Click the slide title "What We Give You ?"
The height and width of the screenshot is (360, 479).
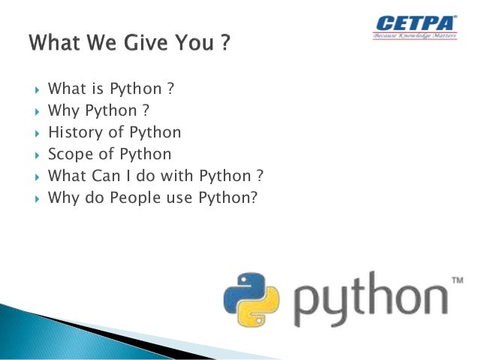(128, 43)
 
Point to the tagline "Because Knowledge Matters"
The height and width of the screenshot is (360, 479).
(414, 35)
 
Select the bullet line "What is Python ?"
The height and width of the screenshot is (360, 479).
(111, 89)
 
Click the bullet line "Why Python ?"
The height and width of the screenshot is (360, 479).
(98, 110)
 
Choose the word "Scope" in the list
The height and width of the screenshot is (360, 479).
(69, 154)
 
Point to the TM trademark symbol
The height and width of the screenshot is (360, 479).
(456, 280)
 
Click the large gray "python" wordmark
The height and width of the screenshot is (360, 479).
(368, 301)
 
